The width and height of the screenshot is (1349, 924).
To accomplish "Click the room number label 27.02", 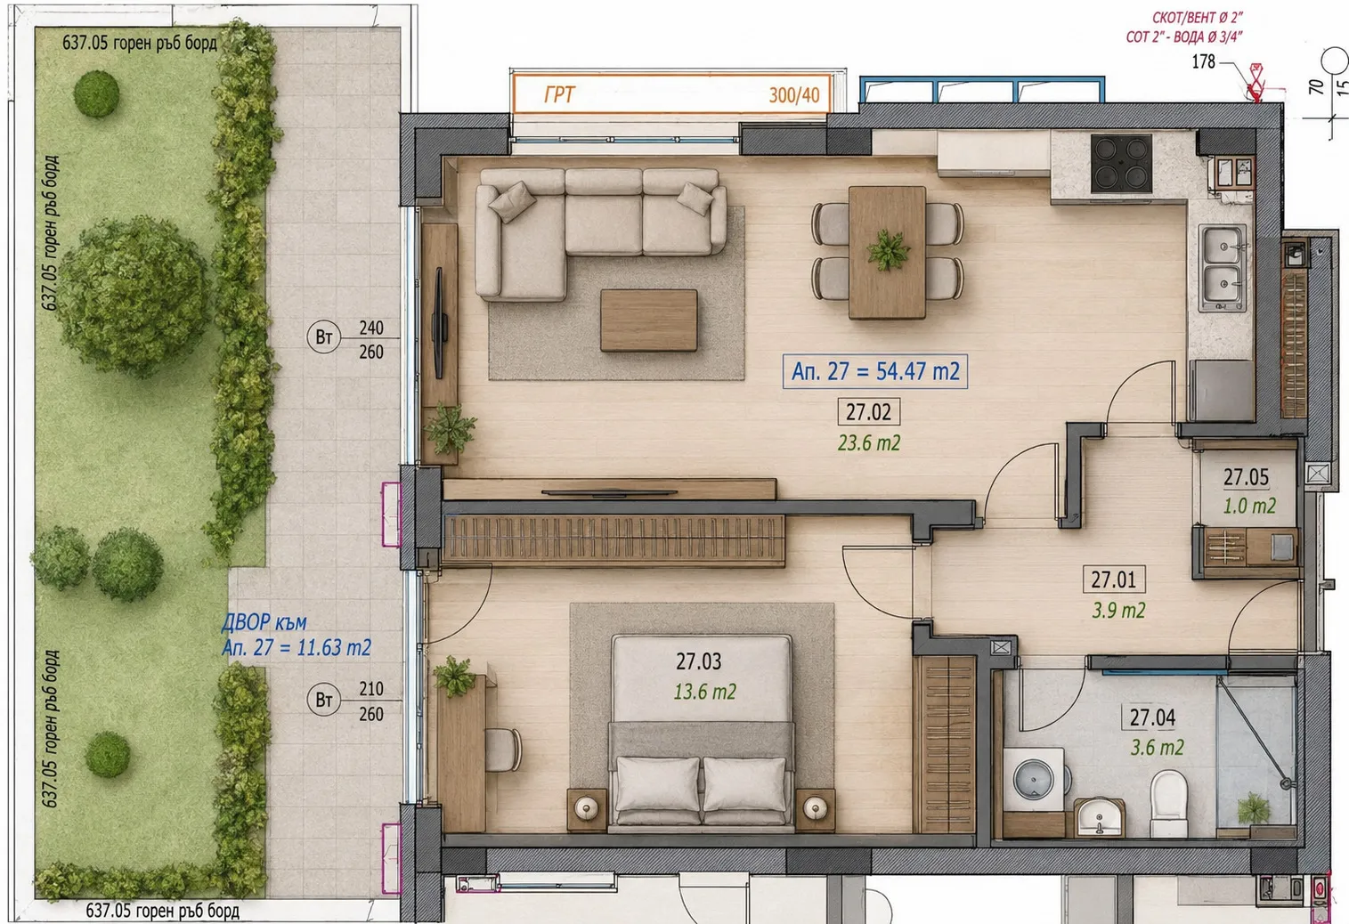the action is pos(868,412).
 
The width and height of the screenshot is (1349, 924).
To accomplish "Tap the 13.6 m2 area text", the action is pos(704,692).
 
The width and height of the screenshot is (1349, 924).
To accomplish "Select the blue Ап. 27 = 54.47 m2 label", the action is pos(875,371).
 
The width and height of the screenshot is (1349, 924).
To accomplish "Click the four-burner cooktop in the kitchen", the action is pos(1121,163).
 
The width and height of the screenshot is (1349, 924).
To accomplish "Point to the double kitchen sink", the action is pos(1222,268).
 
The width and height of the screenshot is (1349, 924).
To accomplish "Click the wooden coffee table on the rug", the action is pos(648,320).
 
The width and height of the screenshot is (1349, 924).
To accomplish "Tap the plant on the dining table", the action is pos(888,249).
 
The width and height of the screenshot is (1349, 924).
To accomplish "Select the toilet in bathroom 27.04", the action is pos(1168,804).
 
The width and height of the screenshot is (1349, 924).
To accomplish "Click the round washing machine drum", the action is pos(1034,780).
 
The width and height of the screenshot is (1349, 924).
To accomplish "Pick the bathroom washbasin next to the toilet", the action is pos(1100,817).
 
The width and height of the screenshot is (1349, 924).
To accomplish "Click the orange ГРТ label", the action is pos(559,94).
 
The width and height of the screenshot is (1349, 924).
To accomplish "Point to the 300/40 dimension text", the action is pos(793,95).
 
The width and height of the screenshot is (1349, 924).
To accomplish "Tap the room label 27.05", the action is pos(1246,477).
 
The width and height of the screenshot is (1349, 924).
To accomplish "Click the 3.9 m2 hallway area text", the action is pos(1118,611).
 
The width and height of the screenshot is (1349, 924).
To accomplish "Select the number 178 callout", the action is pos(1203,61).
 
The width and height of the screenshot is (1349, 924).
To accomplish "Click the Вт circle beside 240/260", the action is pos(323,336).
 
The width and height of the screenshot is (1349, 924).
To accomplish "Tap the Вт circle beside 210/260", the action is pos(323,700).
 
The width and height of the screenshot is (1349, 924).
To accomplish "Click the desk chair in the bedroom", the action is pos(503,749).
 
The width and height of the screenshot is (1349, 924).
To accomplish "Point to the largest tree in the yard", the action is pos(134,296).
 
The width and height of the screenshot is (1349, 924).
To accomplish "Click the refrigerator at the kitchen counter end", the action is pos(1222,390).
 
